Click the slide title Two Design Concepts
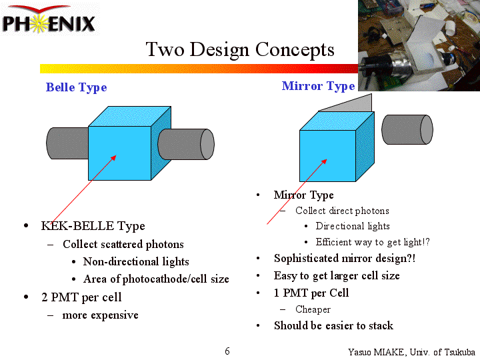coord(240,49)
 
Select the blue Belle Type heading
coord(76,87)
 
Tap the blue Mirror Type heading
coord(318,86)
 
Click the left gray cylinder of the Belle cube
coord(67,143)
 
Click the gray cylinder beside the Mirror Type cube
coord(407,129)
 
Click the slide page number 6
coord(227,351)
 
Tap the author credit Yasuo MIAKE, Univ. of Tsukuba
coord(411,352)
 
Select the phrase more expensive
coord(100,315)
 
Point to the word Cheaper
coord(313,309)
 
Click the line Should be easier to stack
coord(333,326)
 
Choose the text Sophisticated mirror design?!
coord(345,259)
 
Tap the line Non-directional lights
coord(136,262)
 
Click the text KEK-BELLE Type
coord(93,226)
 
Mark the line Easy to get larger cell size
coord(337,276)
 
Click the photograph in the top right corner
coord(419,45)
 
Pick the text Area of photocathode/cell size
coord(156,279)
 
